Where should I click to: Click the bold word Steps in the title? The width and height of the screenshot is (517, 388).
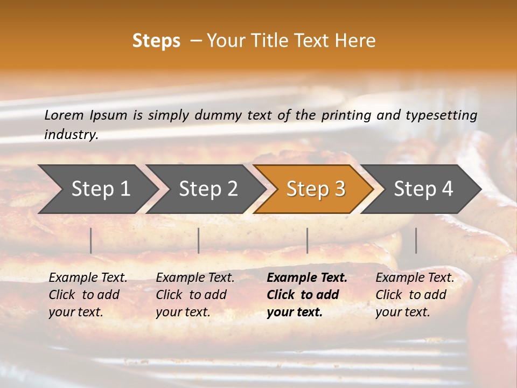[156, 41]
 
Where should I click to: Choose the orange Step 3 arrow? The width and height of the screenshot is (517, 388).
[316, 189]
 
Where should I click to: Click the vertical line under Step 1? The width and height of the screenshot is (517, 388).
[91, 240]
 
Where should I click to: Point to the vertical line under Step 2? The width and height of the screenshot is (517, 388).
[199, 240]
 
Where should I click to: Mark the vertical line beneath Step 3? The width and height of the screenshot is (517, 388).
[308, 240]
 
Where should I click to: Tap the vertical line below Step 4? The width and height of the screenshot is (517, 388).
[416, 240]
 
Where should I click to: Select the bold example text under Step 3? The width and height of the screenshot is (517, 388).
[307, 295]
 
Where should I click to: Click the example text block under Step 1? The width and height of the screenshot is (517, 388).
[88, 295]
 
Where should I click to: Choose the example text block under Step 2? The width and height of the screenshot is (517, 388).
[195, 295]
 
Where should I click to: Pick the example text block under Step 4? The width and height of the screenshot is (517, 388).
[415, 295]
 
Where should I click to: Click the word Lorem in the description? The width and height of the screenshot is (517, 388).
[64, 115]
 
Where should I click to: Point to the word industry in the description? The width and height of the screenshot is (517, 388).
[71, 135]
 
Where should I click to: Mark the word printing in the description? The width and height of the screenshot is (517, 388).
[346, 115]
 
